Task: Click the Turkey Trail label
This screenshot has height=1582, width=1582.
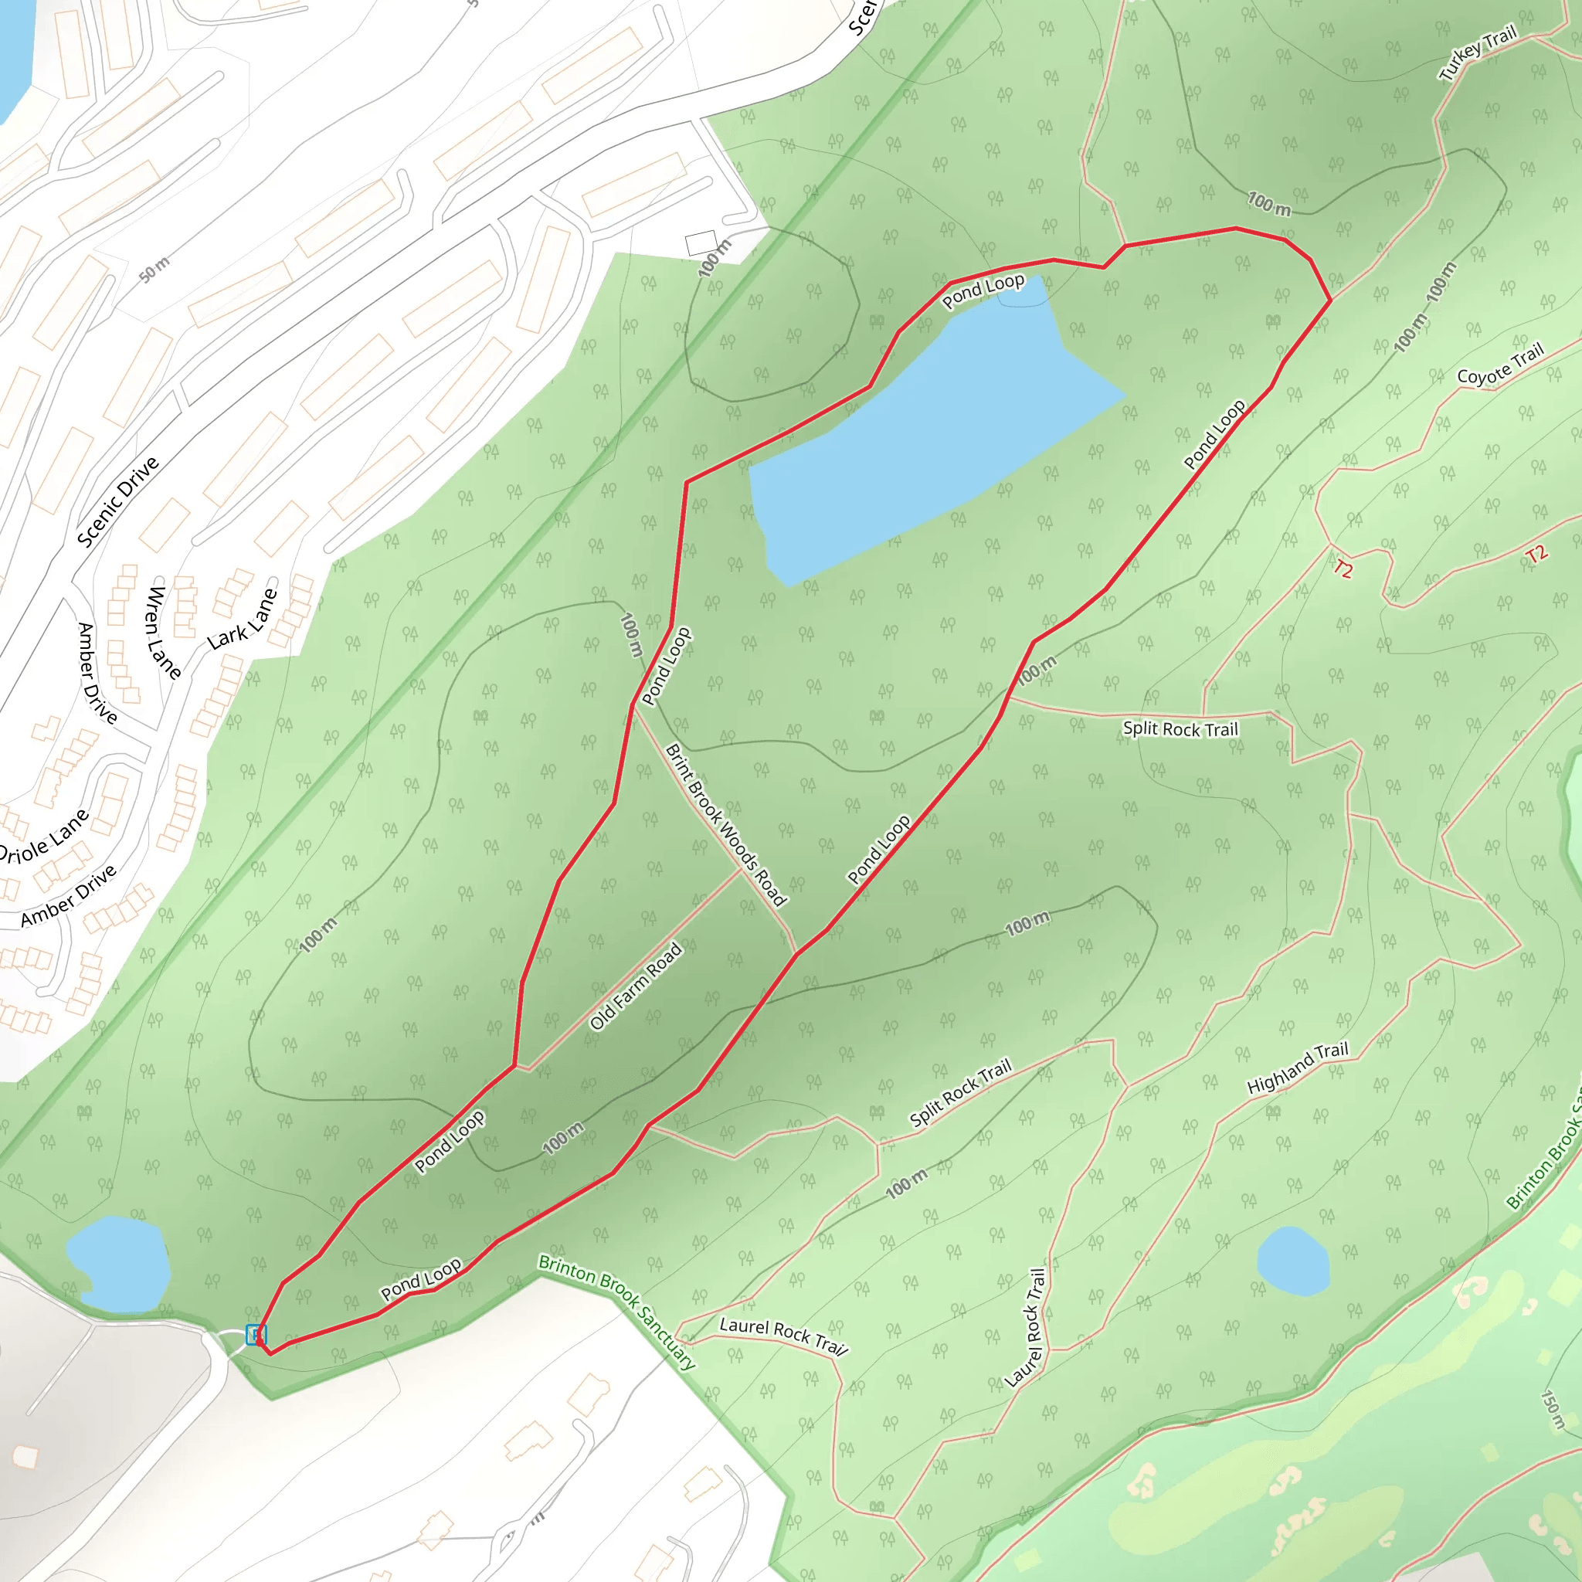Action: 1478,56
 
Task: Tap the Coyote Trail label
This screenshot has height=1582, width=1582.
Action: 1500,365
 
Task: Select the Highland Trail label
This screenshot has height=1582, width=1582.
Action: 1297,1068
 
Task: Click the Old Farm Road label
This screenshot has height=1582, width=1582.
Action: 637,986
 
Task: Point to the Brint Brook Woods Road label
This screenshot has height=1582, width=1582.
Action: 725,824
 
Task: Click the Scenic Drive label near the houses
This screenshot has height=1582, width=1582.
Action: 118,502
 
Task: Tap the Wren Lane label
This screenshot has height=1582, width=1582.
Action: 164,633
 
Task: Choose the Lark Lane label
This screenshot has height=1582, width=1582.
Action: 243,619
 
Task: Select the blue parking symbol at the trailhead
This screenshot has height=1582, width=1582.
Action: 256,1335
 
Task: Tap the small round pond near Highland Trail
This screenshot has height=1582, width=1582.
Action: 1293,1261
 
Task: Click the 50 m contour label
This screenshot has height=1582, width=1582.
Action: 154,270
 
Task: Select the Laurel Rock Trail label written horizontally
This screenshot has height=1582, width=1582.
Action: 783,1336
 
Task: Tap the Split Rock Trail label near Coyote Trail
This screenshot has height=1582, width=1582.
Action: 1180,728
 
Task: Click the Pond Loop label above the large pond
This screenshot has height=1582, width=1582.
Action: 983,290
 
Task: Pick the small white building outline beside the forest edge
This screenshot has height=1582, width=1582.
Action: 701,243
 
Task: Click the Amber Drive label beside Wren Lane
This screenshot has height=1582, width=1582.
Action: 97,673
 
